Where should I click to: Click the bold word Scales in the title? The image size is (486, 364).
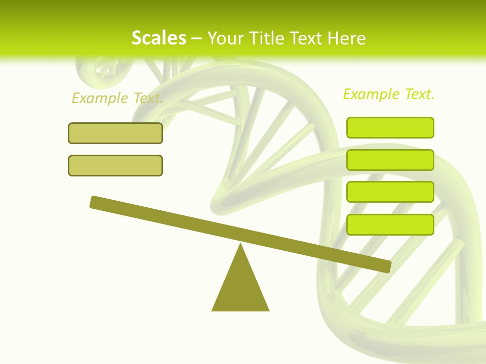tap(158, 38)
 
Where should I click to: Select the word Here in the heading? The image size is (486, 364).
tap(347, 38)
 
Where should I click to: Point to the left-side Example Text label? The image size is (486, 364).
tap(117, 98)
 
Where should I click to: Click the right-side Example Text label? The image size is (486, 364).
tap(389, 94)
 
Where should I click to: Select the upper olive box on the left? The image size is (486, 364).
tap(115, 133)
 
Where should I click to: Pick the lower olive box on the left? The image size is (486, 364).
tap(115, 165)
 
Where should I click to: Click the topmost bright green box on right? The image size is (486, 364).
tap(390, 127)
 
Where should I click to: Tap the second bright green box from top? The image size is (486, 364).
tap(390, 160)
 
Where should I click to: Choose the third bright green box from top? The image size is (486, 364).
tap(390, 192)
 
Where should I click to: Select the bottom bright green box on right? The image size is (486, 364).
tap(390, 224)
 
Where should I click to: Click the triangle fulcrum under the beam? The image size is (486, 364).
tap(240, 288)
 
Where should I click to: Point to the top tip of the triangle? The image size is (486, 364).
tap(240, 245)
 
